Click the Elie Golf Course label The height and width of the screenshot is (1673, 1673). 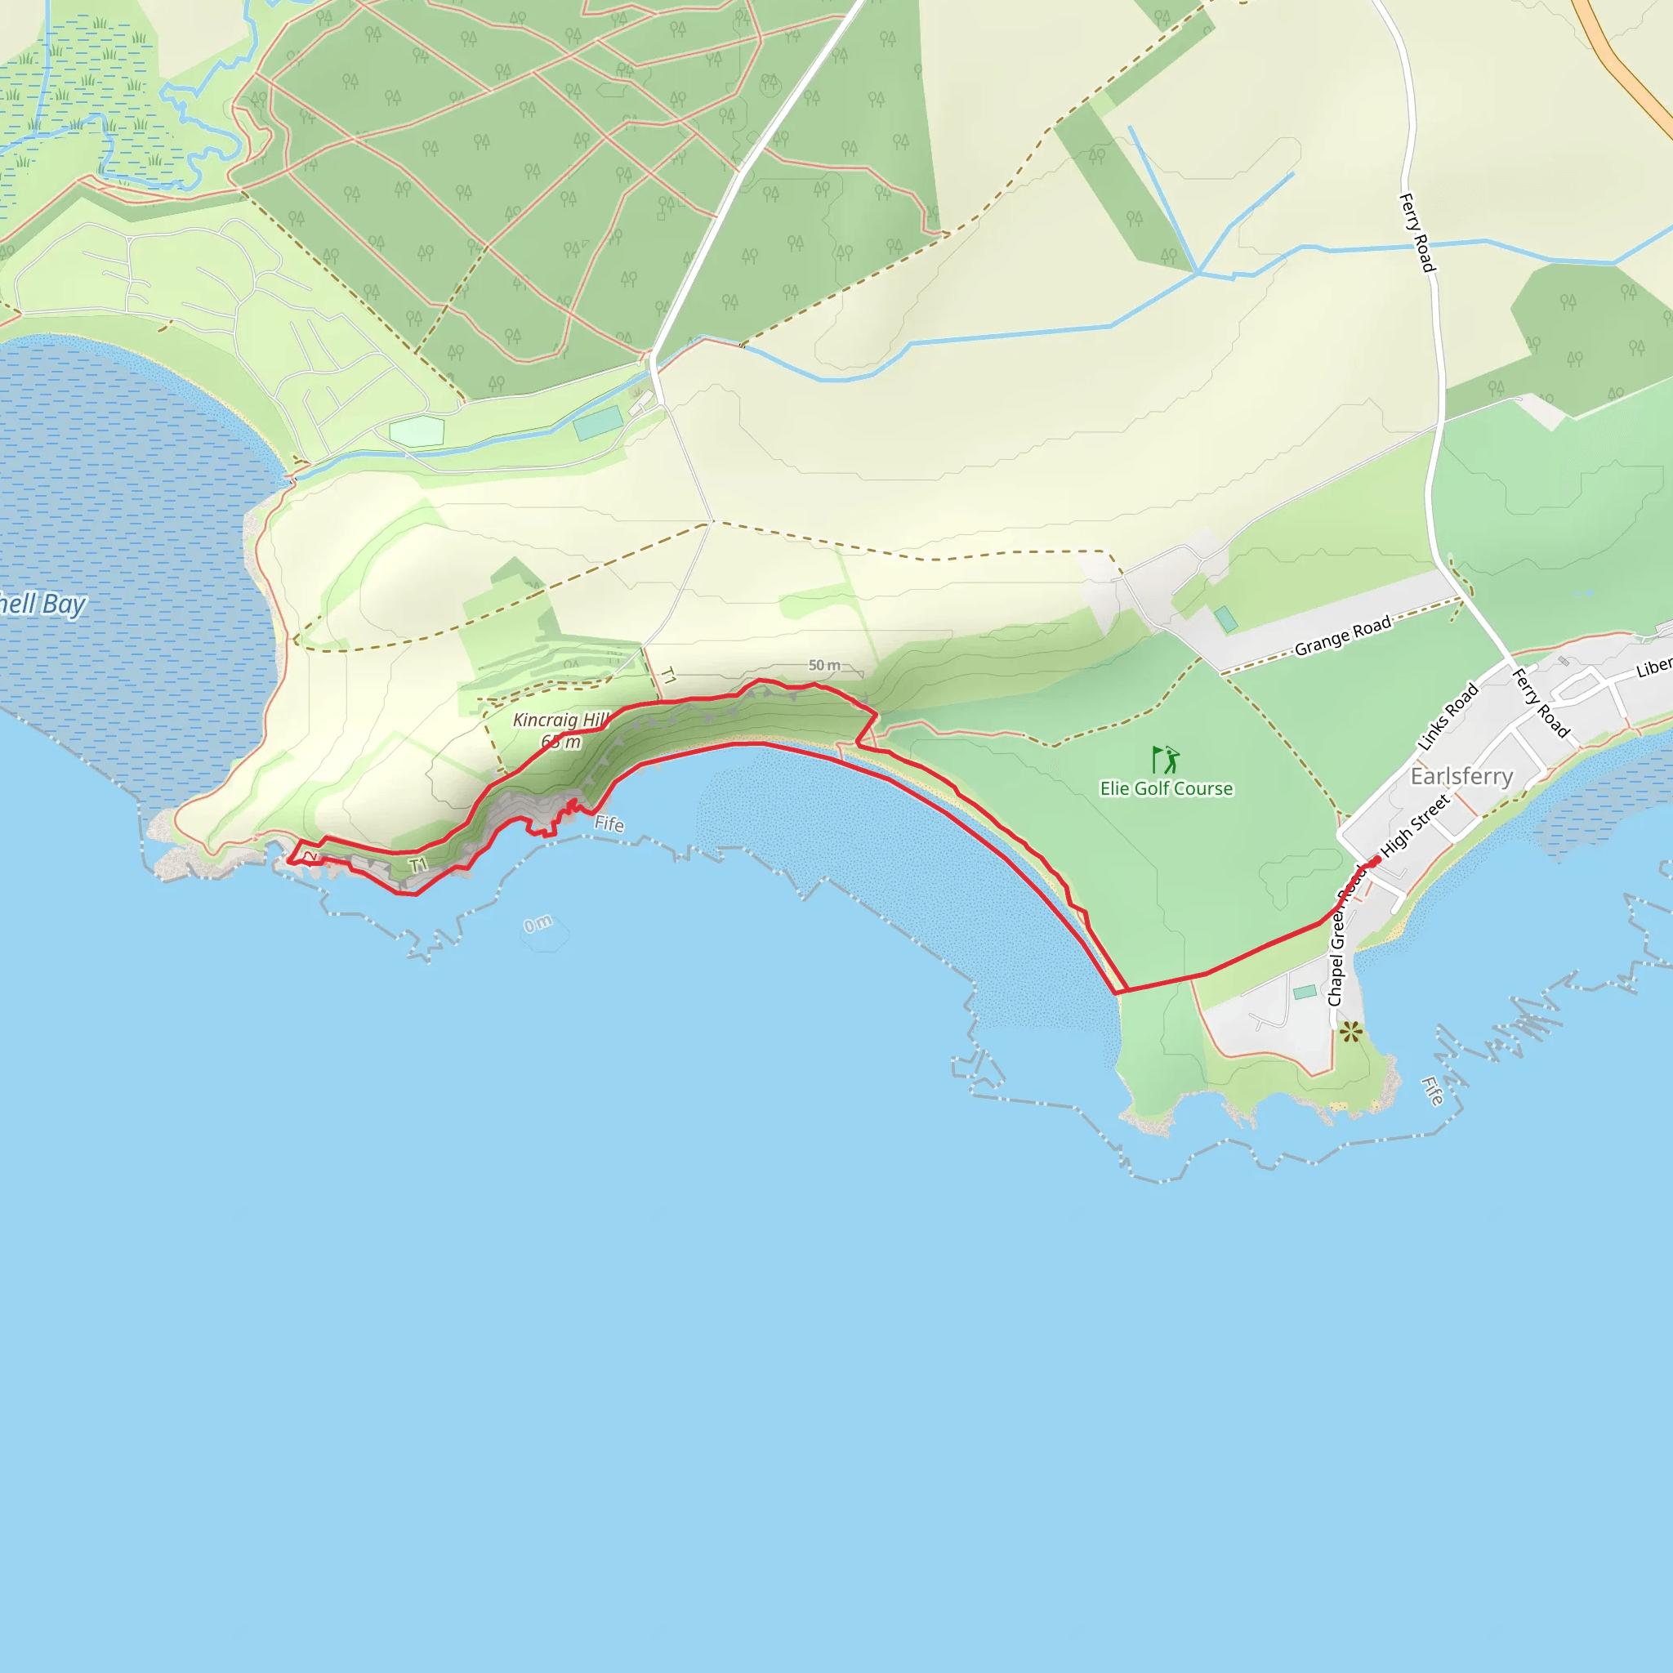tap(1166, 788)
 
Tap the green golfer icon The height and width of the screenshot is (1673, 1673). tap(1166, 760)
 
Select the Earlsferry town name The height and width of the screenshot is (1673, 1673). tap(1461, 776)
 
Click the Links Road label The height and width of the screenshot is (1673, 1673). tap(1447, 717)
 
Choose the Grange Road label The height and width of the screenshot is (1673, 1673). tap(1342, 636)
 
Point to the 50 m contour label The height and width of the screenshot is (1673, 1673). tap(823, 665)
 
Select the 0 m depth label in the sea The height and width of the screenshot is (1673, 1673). tap(538, 924)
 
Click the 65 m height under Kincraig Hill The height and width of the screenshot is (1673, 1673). tap(561, 742)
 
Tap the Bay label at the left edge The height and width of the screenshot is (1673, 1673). tap(43, 604)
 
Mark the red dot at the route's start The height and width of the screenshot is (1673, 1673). tap(1376, 861)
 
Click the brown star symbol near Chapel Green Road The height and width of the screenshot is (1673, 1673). tap(1350, 1033)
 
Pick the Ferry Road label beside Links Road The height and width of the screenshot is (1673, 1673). tap(1541, 703)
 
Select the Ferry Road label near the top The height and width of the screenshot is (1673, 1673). tap(1417, 232)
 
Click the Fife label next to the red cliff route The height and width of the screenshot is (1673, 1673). tap(609, 823)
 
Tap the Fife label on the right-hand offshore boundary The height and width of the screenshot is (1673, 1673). tap(1432, 1091)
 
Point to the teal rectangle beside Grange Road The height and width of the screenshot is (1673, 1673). tap(1225, 619)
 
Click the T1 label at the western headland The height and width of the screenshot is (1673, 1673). tap(418, 865)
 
